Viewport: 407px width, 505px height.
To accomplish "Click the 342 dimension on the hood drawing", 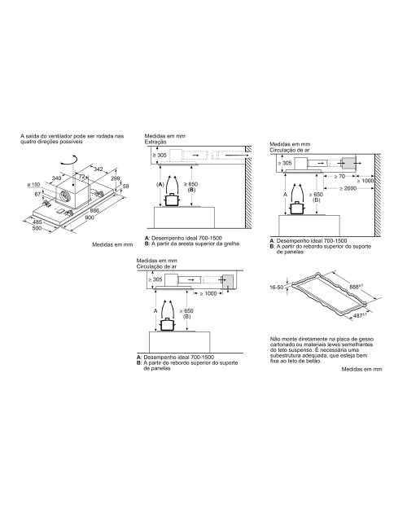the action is [x=98, y=169].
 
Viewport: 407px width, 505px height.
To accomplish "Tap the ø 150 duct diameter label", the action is [x=33, y=185].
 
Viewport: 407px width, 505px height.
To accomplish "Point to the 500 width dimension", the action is [x=37, y=228].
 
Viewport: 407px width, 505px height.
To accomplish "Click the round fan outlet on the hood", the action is [x=65, y=195].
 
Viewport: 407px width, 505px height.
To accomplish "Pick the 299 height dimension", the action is [x=116, y=178].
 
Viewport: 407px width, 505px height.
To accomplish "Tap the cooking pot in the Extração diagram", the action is [x=172, y=200].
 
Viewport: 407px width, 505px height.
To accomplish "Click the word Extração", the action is [x=155, y=142].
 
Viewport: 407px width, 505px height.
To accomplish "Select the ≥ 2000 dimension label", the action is [x=348, y=188].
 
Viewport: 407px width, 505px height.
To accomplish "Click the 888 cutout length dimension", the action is [x=356, y=286].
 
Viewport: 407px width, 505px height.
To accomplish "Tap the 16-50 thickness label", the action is [x=277, y=287].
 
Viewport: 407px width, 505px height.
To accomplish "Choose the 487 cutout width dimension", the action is [x=358, y=316].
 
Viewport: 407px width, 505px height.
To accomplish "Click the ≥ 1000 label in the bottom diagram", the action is [x=208, y=293].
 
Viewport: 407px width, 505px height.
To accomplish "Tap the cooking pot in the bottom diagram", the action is [x=167, y=324].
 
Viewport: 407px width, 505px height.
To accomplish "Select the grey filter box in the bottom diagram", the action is [x=228, y=282].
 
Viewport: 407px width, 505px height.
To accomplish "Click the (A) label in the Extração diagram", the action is [x=160, y=185].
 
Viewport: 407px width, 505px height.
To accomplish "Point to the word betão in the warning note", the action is [x=314, y=361].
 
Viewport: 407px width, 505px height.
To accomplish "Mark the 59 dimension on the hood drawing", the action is [x=126, y=187].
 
